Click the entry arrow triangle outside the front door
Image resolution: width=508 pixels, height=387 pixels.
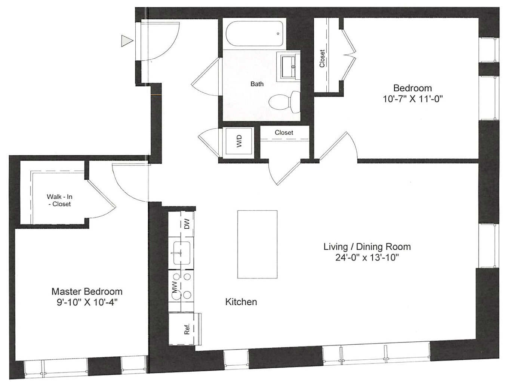[x=126, y=41]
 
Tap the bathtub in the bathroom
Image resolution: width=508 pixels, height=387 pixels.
[x=255, y=34]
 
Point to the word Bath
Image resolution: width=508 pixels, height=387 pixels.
[x=257, y=84]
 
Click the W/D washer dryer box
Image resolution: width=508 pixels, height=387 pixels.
[x=239, y=141]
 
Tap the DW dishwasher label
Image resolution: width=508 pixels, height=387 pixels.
[x=187, y=223]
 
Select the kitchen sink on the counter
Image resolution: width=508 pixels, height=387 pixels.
[x=181, y=253]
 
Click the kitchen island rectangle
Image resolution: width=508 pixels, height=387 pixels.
[x=257, y=244]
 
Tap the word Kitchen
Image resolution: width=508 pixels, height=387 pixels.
[x=241, y=302]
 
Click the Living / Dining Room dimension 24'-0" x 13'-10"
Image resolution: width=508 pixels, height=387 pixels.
[x=367, y=258]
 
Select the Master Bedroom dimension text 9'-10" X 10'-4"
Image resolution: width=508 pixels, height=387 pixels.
[x=87, y=302]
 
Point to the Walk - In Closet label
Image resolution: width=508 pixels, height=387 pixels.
[x=59, y=200]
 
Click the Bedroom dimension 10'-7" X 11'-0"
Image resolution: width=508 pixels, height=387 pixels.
[x=413, y=99]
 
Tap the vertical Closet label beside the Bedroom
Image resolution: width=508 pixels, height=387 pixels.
[x=322, y=58]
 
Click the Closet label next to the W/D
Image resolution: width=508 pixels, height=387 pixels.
[x=284, y=132]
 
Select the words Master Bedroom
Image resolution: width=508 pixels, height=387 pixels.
[x=87, y=292]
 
